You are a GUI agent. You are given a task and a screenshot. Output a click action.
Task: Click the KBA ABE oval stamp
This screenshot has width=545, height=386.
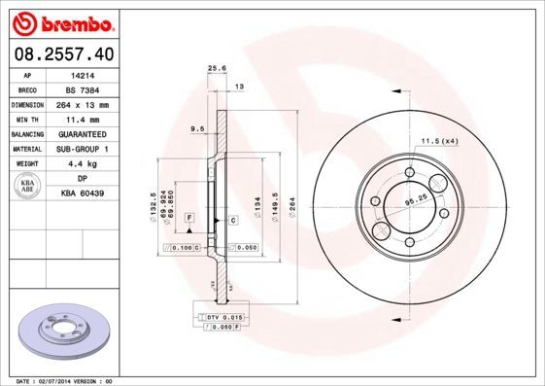pos(28,185)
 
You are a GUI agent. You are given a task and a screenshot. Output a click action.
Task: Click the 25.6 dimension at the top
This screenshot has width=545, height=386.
pos(217,68)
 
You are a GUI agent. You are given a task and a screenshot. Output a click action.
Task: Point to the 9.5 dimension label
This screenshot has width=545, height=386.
pos(196,127)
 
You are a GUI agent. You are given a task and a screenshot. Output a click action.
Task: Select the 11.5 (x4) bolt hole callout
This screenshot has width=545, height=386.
pos(439,141)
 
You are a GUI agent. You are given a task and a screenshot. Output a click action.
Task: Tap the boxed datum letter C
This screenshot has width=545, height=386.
pos(234,222)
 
